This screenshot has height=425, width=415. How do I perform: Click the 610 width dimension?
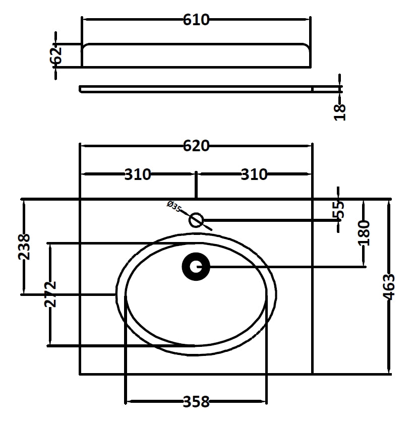click(x=196, y=20)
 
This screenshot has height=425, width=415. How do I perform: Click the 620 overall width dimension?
click(x=196, y=146)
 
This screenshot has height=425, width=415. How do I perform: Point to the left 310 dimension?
click(x=138, y=174)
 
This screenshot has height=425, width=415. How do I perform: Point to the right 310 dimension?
click(x=254, y=174)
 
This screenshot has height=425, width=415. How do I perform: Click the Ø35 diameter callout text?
click(x=173, y=207)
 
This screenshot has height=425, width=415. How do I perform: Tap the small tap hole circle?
click(x=196, y=220)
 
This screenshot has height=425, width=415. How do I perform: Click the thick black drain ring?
click(x=188, y=267)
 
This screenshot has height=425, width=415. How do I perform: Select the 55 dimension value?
click(x=340, y=209)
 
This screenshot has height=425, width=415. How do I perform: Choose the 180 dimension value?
click(x=364, y=232)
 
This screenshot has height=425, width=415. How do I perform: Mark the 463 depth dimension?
click(x=389, y=287)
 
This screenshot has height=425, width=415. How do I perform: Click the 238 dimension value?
click(x=24, y=247)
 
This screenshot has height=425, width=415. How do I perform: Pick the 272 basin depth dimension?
click(x=50, y=294)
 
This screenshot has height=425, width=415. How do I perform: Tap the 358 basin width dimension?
click(x=196, y=402)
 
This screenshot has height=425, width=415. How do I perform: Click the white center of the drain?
click(x=196, y=267)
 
